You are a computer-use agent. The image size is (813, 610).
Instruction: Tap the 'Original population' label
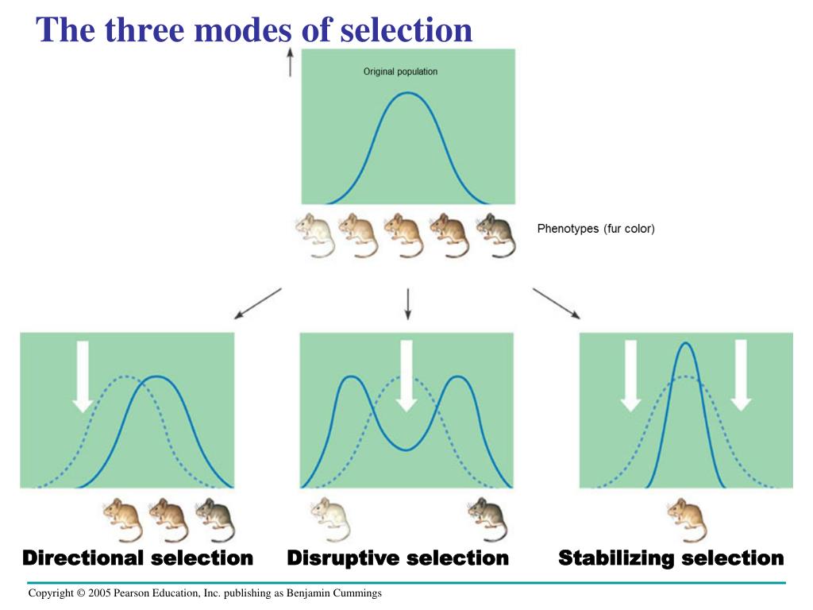coord(400,71)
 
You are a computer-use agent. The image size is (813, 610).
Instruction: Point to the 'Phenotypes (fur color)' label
coord(595,230)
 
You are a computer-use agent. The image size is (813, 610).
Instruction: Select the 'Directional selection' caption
coord(137,558)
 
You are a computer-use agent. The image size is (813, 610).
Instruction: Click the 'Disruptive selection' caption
coord(398,558)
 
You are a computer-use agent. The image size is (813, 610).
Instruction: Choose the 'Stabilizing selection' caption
coord(671,558)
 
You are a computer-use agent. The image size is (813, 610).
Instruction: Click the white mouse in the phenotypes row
coord(314,234)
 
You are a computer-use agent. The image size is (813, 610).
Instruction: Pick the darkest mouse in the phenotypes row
coord(495,234)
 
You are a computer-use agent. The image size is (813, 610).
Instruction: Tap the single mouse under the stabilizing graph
coord(687,518)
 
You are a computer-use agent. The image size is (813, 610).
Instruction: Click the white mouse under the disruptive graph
coord(329,518)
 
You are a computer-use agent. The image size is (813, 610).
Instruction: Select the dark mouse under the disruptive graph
coord(486,518)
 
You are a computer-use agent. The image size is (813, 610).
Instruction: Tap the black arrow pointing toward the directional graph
coord(257,303)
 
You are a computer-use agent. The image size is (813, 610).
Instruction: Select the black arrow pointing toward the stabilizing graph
coord(556,303)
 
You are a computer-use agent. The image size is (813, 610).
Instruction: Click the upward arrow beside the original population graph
coord(290,61)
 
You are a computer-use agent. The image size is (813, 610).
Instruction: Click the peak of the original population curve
coord(407,93)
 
